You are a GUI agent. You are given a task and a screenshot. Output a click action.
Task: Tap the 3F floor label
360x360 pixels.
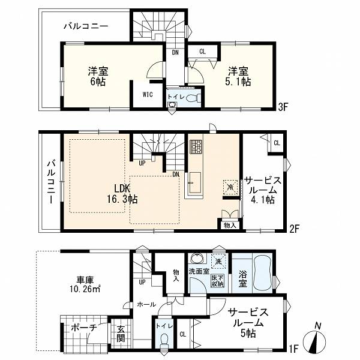[283, 107]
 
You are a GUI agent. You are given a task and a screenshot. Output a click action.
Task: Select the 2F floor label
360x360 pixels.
[294, 229]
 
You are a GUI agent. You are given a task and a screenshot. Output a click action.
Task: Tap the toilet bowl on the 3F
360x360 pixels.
[191, 98]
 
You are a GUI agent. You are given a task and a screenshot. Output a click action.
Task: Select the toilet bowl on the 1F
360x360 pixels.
[164, 340]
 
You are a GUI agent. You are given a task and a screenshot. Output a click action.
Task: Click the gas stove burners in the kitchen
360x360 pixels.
[196, 146]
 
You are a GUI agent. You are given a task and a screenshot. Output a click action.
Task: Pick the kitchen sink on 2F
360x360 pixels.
[194, 183]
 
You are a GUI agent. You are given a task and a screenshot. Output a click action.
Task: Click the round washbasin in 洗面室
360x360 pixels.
[196, 259]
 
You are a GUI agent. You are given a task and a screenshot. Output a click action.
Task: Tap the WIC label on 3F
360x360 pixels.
[148, 95]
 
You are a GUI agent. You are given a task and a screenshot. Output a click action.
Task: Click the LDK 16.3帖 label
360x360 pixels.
[122, 193]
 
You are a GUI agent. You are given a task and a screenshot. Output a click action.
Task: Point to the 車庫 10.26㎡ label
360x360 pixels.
[85, 284]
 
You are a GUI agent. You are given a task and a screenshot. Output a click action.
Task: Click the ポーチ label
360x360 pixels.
[84, 328]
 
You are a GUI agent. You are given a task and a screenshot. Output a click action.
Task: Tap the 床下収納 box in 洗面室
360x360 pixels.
[217, 281]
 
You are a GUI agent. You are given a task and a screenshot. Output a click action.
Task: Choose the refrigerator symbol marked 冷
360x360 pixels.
[230, 187]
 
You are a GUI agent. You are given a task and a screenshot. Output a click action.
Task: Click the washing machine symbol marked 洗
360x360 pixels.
[218, 261]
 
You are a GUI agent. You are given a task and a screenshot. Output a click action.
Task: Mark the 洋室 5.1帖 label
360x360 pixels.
[238, 76]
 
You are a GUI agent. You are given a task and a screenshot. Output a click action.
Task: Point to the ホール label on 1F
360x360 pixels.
[146, 305]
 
